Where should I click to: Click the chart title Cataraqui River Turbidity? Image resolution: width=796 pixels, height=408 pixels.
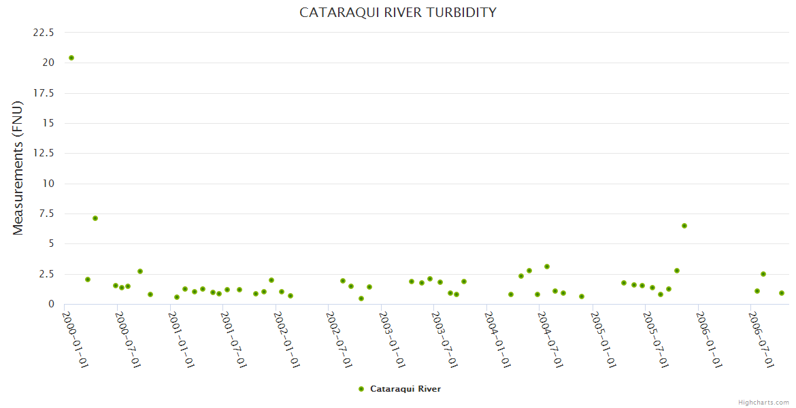pyautogui.click(x=398, y=13)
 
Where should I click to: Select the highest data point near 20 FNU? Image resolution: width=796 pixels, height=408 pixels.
pyautogui.click(x=71, y=58)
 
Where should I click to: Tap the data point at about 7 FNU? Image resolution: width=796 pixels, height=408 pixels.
pyautogui.click(x=95, y=218)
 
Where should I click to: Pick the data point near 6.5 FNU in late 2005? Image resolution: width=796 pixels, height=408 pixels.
pyautogui.click(x=684, y=226)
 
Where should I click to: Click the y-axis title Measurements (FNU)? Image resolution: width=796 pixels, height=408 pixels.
pyautogui.click(x=18, y=169)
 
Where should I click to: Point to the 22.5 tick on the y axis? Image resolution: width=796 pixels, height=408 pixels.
pyautogui.click(x=43, y=33)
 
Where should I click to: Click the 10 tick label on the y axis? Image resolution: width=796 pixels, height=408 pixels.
pyautogui.click(x=48, y=184)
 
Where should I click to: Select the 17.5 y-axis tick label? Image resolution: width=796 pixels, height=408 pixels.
pyautogui.click(x=43, y=93)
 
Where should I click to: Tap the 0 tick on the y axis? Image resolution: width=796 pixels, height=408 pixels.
pyautogui.click(x=51, y=305)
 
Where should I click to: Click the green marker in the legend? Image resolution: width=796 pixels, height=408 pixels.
pyautogui.click(x=361, y=389)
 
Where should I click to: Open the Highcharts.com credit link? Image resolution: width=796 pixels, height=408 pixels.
pyautogui.click(x=763, y=403)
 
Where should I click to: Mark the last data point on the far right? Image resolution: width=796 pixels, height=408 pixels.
pyautogui.click(x=782, y=293)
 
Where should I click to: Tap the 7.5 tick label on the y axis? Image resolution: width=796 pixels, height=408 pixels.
pyautogui.click(x=46, y=214)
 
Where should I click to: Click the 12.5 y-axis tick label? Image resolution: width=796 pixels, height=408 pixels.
pyautogui.click(x=43, y=154)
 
